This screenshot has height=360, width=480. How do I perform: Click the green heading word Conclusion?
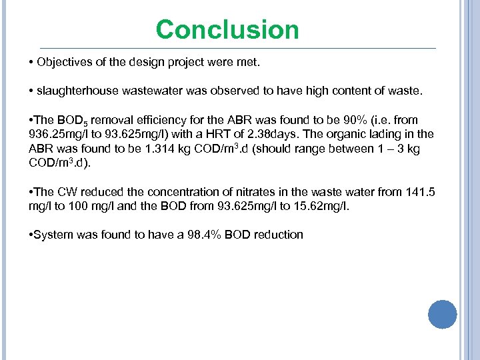click(x=227, y=30)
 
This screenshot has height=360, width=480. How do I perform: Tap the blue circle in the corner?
click(x=442, y=314)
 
